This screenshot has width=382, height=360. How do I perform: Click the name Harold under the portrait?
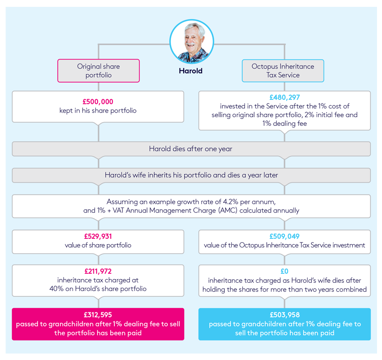pos(191,71)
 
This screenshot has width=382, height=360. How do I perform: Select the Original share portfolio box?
pos(98,71)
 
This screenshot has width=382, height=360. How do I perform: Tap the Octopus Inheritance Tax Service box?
pos(283,71)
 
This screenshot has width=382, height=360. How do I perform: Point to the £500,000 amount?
pos(98,102)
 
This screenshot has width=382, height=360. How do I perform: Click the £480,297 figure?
pos(284,97)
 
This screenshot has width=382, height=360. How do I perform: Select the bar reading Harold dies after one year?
pos(191,149)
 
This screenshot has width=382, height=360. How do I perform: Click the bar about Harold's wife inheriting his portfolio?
pos(191,175)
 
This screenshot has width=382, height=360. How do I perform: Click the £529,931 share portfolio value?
pos(98,237)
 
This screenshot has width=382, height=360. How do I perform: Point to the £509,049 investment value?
pos(284,237)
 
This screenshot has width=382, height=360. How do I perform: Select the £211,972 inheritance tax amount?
pos(98,271)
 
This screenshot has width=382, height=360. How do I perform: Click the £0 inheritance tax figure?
pos(284,271)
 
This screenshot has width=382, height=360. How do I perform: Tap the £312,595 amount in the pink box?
pos(98,315)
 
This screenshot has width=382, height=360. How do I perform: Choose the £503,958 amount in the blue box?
pos(284,315)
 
